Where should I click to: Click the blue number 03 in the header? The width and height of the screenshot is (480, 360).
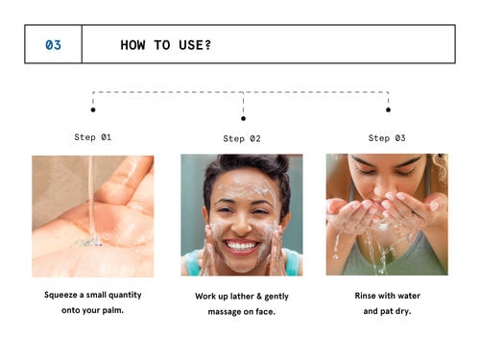pyautogui.click(x=53, y=45)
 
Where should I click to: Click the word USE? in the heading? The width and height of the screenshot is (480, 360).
pyautogui.click(x=195, y=45)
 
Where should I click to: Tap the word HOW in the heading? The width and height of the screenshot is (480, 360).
pyautogui.click(x=132, y=45)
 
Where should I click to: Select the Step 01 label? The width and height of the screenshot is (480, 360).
pyautogui.click(x=93, y=137)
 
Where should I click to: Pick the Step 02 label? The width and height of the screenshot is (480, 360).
pyautogui.click(x=242, y=138)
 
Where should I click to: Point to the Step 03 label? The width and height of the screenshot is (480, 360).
pyautogui.click(x=387, y=138)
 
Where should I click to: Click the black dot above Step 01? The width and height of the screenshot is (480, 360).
pyautogui.click(x=93, y=109)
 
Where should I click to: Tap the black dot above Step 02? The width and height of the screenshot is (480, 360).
pyautogui.click(x=243, y=118)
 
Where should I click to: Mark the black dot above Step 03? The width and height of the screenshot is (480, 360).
pyautogui.click(x=388, y=109)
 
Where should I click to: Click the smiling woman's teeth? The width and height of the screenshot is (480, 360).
pyautogui.click(x=241, y=246)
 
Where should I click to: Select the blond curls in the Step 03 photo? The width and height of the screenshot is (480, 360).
pyautogui.click(x=440, y=168)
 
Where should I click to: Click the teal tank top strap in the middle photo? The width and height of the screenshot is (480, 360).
pyautogui.click(x=293, y=261)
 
